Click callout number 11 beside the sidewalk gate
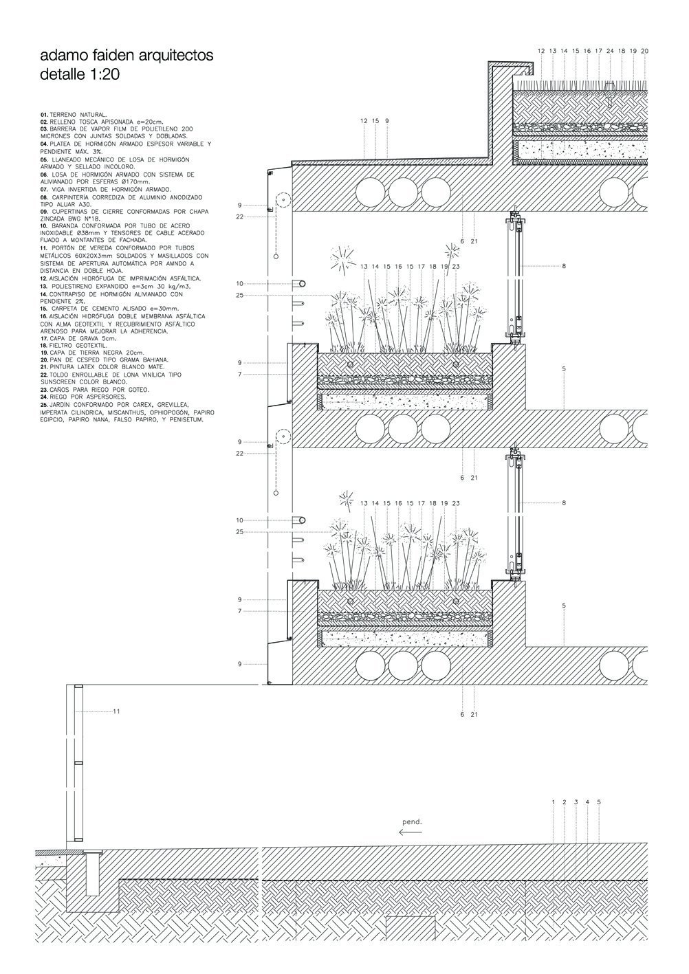tap(116, 711)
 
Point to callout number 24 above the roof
tap(610, 51)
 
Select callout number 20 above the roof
tap(644, 51)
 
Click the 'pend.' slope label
tap(412, 821)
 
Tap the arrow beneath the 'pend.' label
tap(411, 832)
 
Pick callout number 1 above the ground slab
tap(553, 801)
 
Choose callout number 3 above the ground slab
tap(576, 801)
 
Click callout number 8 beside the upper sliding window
tap(564, 266)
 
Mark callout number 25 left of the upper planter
tap(240, 295)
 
